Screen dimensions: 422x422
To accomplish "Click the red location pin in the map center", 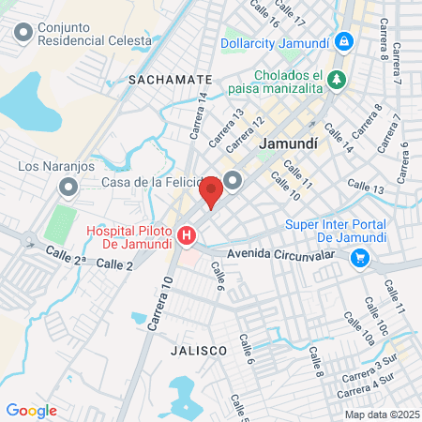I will click(211, 190).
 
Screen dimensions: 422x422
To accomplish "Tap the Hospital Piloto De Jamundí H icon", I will click(188, 234).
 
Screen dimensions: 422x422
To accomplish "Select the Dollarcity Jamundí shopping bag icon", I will click(345, 42).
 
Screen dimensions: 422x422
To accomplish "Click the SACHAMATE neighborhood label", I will click(172, 80).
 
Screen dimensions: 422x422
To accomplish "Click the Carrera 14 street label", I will click(198, 113).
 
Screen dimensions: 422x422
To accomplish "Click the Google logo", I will click(31, 411).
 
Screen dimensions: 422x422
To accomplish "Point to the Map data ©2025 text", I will click(380, 414).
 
